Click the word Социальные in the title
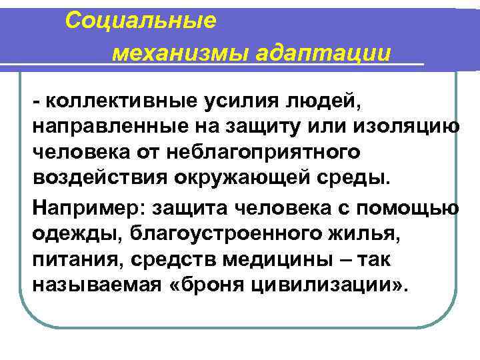click(x=141, y=21)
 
